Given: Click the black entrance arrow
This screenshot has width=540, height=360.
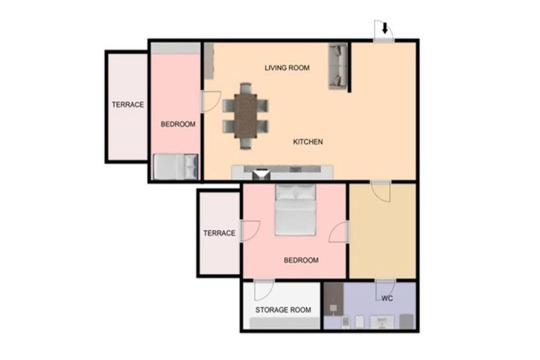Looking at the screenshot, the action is tap(385, 28).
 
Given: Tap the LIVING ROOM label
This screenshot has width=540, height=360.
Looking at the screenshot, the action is tap(287, 68).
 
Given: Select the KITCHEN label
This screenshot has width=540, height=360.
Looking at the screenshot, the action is tap(308, 141).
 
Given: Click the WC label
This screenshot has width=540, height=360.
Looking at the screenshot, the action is tap(387, 298).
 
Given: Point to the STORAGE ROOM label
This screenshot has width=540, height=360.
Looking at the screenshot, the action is tap(283, 310).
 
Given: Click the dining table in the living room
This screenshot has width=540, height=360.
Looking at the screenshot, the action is tap(245, 116).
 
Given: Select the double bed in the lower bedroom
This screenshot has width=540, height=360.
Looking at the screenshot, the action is tap(295, 209).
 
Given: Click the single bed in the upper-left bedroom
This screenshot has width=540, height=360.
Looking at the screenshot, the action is tap(175, 166).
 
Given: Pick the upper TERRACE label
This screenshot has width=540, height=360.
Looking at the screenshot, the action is tap(128, 104).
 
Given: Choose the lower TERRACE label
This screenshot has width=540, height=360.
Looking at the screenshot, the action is tap(219, 233).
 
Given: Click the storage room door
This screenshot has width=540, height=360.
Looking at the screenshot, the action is tap(264, 289).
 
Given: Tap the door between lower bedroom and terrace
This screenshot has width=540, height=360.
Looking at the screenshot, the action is tap(249, 231).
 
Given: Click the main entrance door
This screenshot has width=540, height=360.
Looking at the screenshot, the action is tap(384, 31).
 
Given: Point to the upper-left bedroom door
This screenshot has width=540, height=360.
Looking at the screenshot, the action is tap(210, 101).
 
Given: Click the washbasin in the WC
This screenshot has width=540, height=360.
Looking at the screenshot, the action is tap(382, 322).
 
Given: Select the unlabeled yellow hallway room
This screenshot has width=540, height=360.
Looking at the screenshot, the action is tap(382, 231).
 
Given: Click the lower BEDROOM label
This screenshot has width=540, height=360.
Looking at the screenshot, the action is tap(301, 260).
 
